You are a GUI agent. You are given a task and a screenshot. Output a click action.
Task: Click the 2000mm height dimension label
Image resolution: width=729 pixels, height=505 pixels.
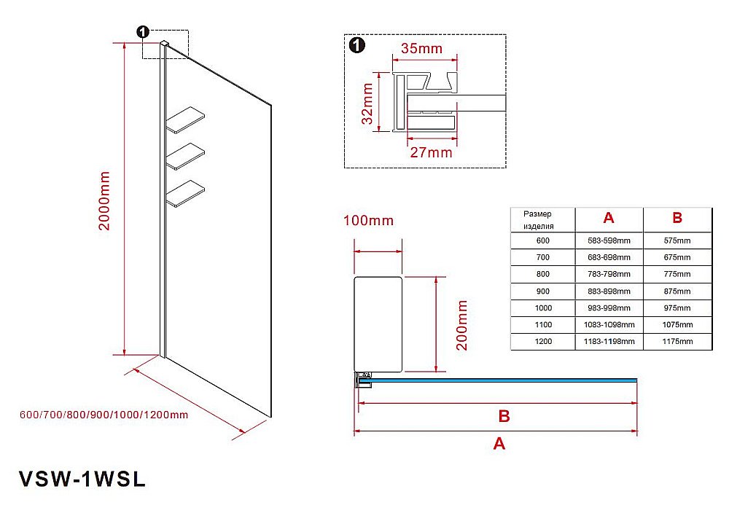pyautogui.click(x=105, y=201)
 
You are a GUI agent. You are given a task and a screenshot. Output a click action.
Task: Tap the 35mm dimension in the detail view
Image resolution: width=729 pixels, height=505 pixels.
pyautogui.click(x=421, y=50)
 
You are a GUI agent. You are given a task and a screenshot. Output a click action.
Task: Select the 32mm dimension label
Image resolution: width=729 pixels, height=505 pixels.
pyautogui.click(x=368, y=103)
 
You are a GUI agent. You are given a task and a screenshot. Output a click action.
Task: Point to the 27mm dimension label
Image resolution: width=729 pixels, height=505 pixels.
pyautogui.click(x=430, y=153)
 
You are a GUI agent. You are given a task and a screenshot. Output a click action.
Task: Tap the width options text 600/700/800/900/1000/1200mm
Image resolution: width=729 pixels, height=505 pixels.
pyautogui.click(x=104, y=415)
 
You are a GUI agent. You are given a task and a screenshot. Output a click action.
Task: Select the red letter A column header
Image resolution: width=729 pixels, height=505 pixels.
pyautogui.click(x=609, y=218)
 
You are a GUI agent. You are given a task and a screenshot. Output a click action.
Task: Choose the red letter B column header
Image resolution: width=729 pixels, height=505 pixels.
pyautogui.click(x=677, y=218)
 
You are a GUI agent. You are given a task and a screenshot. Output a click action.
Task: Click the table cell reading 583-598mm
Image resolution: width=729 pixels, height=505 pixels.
pyautogui.click(x=609, y=240)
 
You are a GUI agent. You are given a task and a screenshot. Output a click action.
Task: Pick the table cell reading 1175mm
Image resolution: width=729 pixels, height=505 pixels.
pyautogui.click(x=677, y=341)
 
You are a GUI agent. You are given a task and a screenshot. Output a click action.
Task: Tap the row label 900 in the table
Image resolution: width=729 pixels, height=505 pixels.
pyautogui.click(x=542, y=291)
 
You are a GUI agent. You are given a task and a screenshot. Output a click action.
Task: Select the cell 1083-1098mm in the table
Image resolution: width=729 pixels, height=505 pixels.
pyautogui.click(x=609, y=324)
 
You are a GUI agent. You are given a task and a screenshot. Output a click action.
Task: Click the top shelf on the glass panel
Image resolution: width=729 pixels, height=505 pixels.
pyautogui.click(x=186, y=121)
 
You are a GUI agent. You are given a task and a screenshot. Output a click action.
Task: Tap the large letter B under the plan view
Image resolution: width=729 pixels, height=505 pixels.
pyautogui.click(x=503, y=417)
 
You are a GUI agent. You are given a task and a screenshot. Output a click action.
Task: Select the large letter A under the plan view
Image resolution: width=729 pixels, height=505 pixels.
pyautogui.click(x=499, y=443)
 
